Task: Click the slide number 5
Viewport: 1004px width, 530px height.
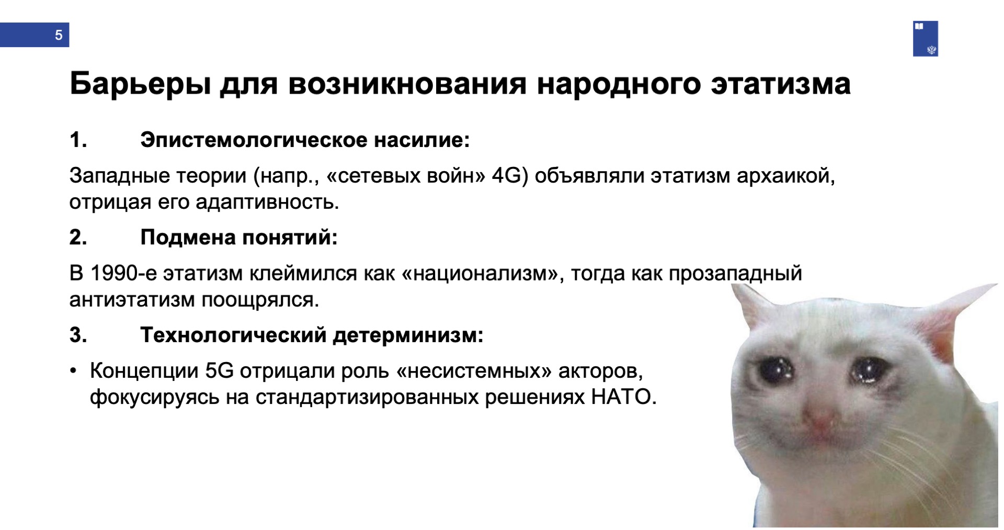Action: tap(59, 35)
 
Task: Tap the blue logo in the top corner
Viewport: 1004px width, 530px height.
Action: tap(925, 39)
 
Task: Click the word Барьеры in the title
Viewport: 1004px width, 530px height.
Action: tap(141, 84)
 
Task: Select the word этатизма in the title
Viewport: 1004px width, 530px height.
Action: tap(781, 84)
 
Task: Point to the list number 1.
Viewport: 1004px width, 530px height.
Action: tap(78, 140)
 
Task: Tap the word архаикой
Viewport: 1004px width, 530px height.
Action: tap(786, 176)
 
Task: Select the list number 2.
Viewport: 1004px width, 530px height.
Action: tap(78, 238)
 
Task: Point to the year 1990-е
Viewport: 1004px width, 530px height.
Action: tap(123, 274)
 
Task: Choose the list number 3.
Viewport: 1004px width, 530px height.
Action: tap(78, 335)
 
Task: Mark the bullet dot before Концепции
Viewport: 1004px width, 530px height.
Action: tap(74, 371)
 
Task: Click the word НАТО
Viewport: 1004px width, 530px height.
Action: tap(623, 397)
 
